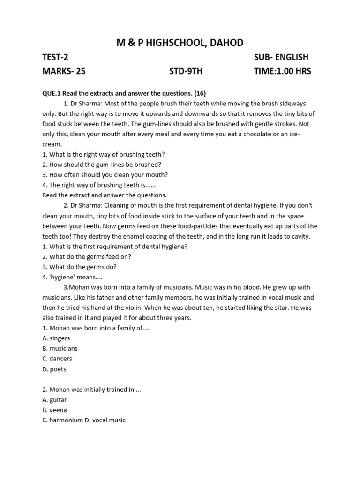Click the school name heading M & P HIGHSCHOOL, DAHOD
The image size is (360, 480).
[x=180, y=43]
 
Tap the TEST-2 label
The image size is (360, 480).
[x=55, y=58]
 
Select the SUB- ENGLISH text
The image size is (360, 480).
[x=281, y=58]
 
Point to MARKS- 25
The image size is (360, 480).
[x=64, y=72]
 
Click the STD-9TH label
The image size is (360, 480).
[x=186, y=72]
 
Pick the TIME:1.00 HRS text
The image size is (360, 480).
[x=282, y=72]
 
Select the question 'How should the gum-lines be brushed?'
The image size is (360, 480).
[x=102, y=165]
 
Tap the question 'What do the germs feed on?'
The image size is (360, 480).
[x=87, y=256]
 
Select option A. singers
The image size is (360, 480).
[x=56, y=338]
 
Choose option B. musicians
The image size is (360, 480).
[x=60, y=349]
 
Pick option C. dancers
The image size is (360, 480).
[x=57, y=359]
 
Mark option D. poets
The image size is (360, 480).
[x=54, y=369]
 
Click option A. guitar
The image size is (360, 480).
[x=55, y=400]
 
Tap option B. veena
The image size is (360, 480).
[x=55, y=410]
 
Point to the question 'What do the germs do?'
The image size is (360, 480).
[x=80, y=267]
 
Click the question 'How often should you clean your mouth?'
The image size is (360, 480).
[x=105, y=175]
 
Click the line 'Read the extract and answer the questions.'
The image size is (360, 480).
[x=105, y=195]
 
